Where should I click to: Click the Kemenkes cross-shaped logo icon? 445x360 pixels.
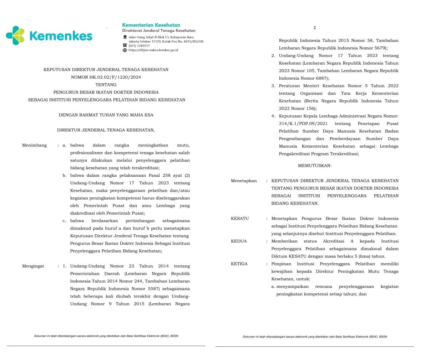click(x=15, y=35)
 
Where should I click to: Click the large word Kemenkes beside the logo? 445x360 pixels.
click(x=61, y=36)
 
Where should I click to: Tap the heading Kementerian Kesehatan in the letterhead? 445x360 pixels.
click(x=151, y=25)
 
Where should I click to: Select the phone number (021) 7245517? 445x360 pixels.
click(x=139, y=46)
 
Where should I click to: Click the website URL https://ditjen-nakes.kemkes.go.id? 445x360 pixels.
click(x=153, y=50)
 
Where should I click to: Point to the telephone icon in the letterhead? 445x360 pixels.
click(x=125, y=45)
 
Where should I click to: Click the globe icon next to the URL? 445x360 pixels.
click(x=125, y=50)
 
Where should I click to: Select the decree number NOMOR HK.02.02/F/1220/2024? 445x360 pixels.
click(x=106, y=77)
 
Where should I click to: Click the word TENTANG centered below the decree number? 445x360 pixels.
click(x=106, y=85)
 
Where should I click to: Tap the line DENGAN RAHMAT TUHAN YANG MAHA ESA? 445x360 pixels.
click(x=106, y=115)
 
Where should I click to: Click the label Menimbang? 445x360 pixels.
click(x=34, y=145)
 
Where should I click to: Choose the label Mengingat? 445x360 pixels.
click(x=33, y=266)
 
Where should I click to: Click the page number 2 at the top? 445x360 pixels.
click(x=314, y=27)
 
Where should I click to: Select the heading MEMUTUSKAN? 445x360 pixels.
click(x=314, y=166)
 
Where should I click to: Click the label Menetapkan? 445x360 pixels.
click(x=244, y=181)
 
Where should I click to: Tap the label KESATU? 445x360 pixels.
click(x=240, y=219)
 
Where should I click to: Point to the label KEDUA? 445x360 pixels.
click(x=239, y=241)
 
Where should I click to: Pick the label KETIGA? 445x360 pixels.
click(x=239, y=264)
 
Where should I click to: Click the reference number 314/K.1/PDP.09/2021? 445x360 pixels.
click(x=303, y=124)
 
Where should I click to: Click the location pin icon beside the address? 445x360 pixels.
click(x=125, y=37)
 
